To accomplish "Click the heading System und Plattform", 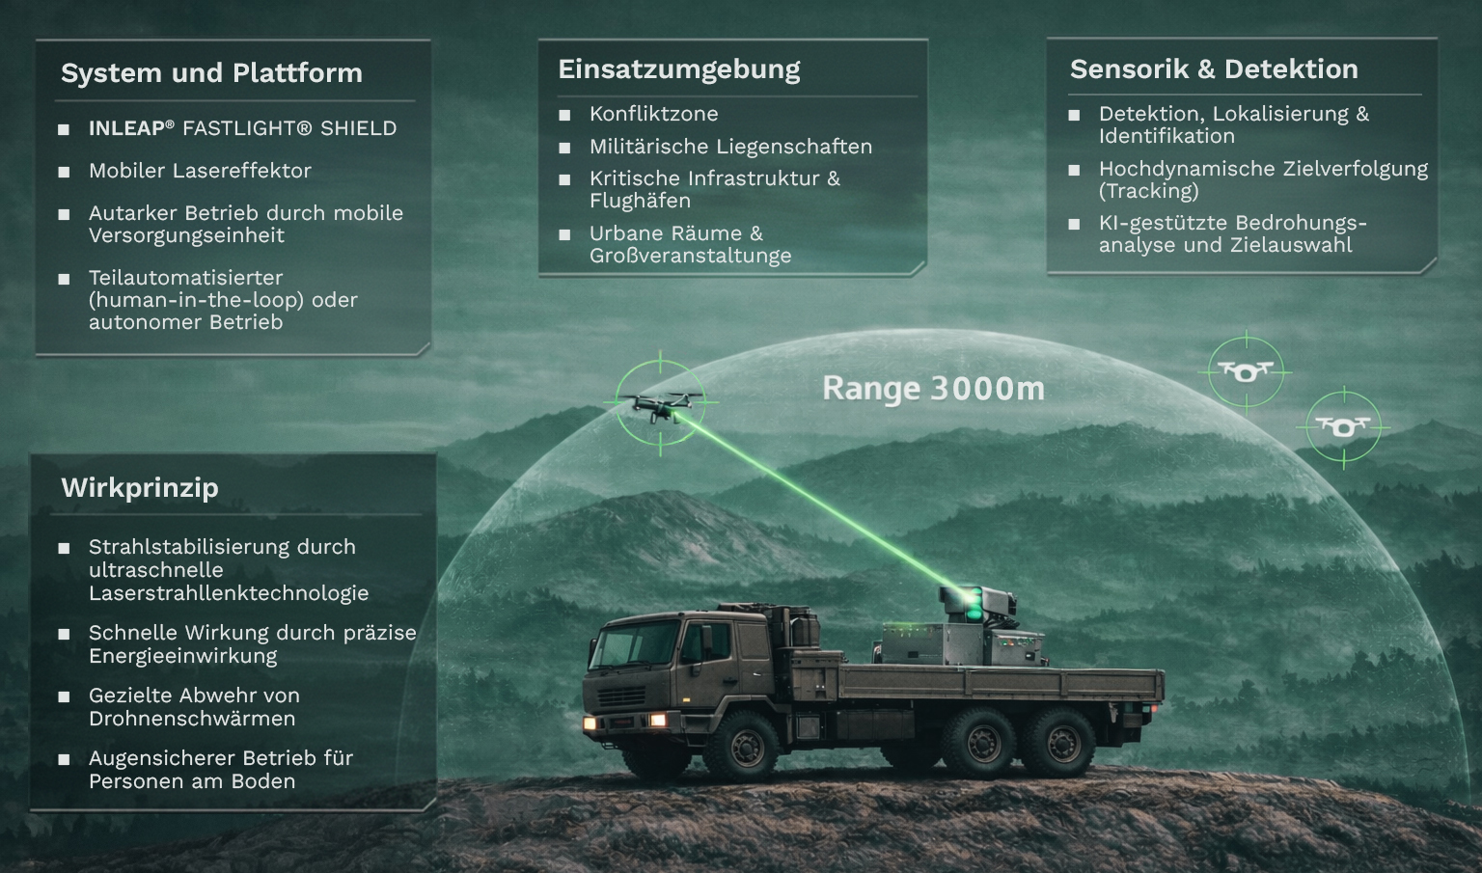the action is pos(211,72).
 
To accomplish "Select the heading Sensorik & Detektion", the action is pos(1214,68).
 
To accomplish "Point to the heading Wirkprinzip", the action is pos(140,488).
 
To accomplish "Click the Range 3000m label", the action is pos(934,388).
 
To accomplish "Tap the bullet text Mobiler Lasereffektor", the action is pos(200,171).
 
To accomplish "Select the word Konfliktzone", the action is pos(653,114).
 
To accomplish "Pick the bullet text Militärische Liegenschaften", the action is pos(731,147).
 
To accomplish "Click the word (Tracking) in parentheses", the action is pos(1148,191).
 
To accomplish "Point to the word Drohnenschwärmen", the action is pos(192,719).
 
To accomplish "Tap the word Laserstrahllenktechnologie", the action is pos(229,593).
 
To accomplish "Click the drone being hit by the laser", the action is pos(660,405).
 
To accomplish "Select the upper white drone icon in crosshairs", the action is pos(1246,371).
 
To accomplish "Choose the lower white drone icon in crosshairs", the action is pos(1343,427).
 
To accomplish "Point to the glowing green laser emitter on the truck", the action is pos(972,603).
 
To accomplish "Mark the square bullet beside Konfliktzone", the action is pos(564,115).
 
